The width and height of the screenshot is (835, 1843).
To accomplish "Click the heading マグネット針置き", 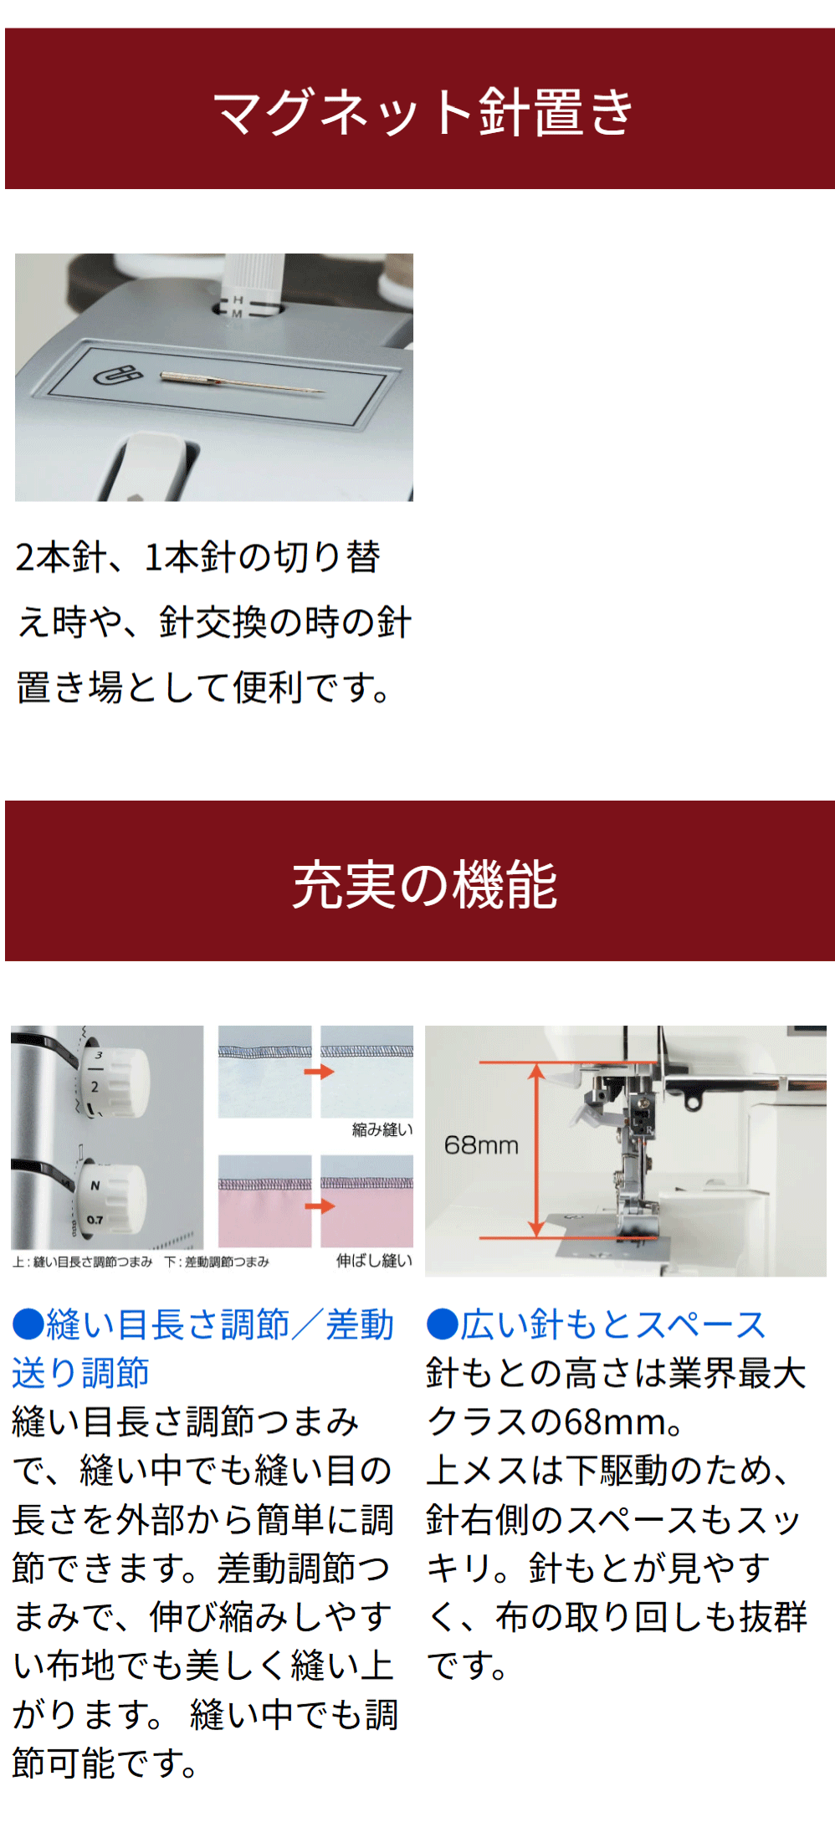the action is click(x=423, y=111).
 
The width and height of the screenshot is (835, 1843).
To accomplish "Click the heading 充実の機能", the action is click(x=424, y=884).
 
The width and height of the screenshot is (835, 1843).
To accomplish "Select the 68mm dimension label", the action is click(x=481, y=1144).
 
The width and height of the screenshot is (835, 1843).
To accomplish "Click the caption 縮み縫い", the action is click(x=382, y=1129).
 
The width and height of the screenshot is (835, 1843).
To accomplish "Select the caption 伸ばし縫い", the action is click(x=375, y=1261).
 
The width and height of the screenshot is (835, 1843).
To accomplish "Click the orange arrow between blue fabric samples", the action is click(x=319, y=1072).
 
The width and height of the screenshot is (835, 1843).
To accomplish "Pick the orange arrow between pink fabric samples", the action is click(x=319, y=1206).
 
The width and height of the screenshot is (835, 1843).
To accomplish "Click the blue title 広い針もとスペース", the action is click(x=612, y=1324).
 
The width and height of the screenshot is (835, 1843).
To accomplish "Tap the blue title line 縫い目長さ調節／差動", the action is click(x=219, y=1324).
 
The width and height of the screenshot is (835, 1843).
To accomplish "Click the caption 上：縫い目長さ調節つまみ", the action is click(x=82, y=1262).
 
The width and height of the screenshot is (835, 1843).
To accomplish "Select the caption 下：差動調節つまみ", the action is click(x=217, y=1262).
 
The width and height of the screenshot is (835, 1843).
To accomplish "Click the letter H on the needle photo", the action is click(x=238, y=299).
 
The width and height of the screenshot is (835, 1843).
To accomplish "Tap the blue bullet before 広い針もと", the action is click(x=442, y=1325).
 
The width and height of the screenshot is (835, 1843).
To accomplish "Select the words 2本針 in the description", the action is click(x=59, y=557).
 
